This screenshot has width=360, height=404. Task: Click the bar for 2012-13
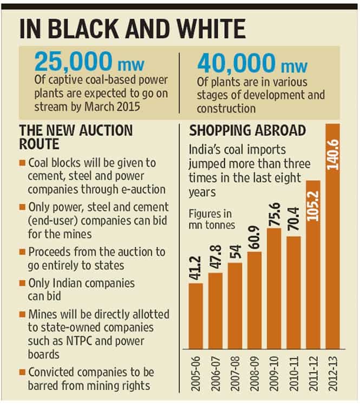(333, 237)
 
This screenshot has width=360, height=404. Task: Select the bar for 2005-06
(196, 316)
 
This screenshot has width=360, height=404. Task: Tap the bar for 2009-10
(274, 289)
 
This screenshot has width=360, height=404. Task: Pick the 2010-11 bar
(293, 292)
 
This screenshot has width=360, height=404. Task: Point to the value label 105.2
(313, 206)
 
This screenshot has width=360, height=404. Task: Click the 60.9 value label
(254, 238)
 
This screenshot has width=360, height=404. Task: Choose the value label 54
(235, 251)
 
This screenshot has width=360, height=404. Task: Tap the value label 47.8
(215, 257)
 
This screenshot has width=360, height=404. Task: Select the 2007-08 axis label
(235, 374)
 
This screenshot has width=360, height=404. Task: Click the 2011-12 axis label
(313, 374)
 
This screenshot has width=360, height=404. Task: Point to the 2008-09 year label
(254, 374)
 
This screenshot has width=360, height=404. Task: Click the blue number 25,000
(74, 61)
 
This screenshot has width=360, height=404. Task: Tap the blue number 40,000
(237, 63)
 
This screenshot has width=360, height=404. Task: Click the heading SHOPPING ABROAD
(247, 131)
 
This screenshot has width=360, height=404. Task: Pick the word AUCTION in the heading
(106, 131)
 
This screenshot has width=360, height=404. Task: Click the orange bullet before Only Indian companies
(22, 283)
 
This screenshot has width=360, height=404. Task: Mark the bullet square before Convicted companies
(22, 372)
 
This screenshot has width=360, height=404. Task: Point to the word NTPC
(79, 341)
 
